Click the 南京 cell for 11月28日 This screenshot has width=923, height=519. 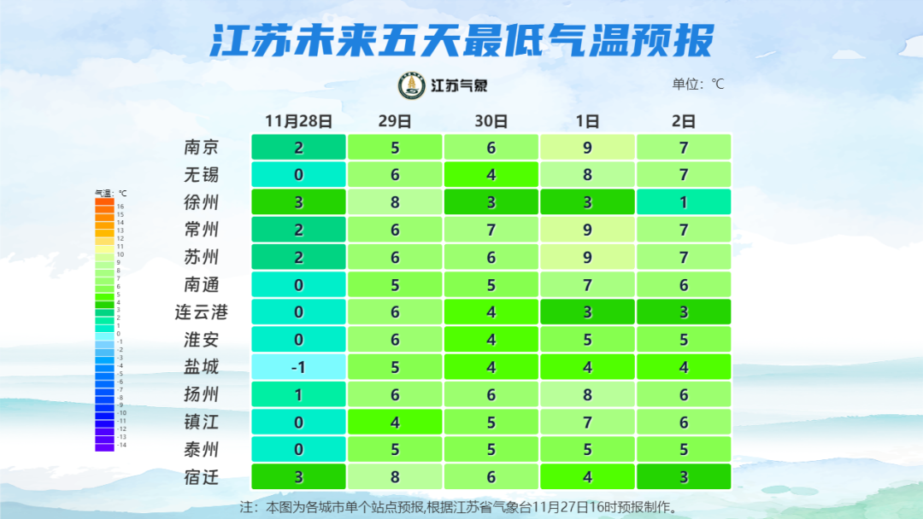coord(298,147)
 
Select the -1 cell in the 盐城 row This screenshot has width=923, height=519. coord(298,367)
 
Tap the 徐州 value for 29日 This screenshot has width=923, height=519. coord(395,202)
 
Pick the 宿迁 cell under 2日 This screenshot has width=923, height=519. coord(684,476)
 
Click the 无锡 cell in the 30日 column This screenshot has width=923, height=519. coord(491,175)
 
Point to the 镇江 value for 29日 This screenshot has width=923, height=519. coord(395,422)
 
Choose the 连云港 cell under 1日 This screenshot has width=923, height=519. coord(587,312)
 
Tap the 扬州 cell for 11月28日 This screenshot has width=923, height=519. coord(298,394)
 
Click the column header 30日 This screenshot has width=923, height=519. coord(491,121)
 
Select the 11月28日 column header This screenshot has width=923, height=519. coord(298,121)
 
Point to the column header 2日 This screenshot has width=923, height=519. coord(684,121)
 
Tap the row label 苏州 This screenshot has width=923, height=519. coord(202,257)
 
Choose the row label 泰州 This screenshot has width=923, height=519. coord(202,450)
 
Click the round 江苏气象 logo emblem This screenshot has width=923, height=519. coord(412,85)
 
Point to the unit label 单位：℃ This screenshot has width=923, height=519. coord(698,85)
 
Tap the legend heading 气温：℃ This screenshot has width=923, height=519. coord(110,194)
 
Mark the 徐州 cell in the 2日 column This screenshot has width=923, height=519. coord(684,202)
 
